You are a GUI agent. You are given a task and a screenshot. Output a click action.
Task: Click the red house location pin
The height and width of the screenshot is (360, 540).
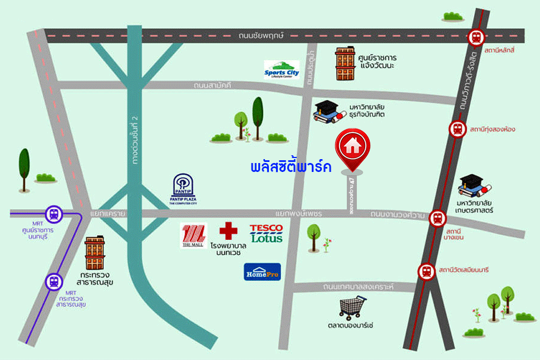[352, 147]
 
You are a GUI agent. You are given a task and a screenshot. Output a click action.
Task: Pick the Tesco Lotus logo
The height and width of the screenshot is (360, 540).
[266, 233]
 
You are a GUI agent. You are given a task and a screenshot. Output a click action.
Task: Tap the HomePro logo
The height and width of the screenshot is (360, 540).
[262, 272]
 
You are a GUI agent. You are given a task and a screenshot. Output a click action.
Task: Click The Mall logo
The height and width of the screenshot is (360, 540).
[194, 235]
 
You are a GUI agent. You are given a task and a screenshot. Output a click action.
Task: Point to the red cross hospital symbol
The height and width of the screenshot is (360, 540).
[228, 231]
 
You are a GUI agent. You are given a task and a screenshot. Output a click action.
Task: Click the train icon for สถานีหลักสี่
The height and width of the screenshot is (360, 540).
[476, 37]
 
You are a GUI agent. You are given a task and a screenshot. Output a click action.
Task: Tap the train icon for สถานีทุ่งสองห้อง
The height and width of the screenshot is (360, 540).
[457, 130]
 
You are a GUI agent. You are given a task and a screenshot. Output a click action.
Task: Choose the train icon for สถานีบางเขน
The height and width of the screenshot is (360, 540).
[438, 218]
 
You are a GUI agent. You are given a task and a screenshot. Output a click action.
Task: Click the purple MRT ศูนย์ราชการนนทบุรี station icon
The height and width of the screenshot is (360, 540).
[54, 213]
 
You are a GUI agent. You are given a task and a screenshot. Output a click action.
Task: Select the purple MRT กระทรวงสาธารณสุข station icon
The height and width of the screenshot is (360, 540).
[53, 282]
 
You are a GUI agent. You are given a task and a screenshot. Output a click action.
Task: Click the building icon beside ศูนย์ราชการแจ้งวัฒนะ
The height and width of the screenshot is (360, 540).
[345, 63]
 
